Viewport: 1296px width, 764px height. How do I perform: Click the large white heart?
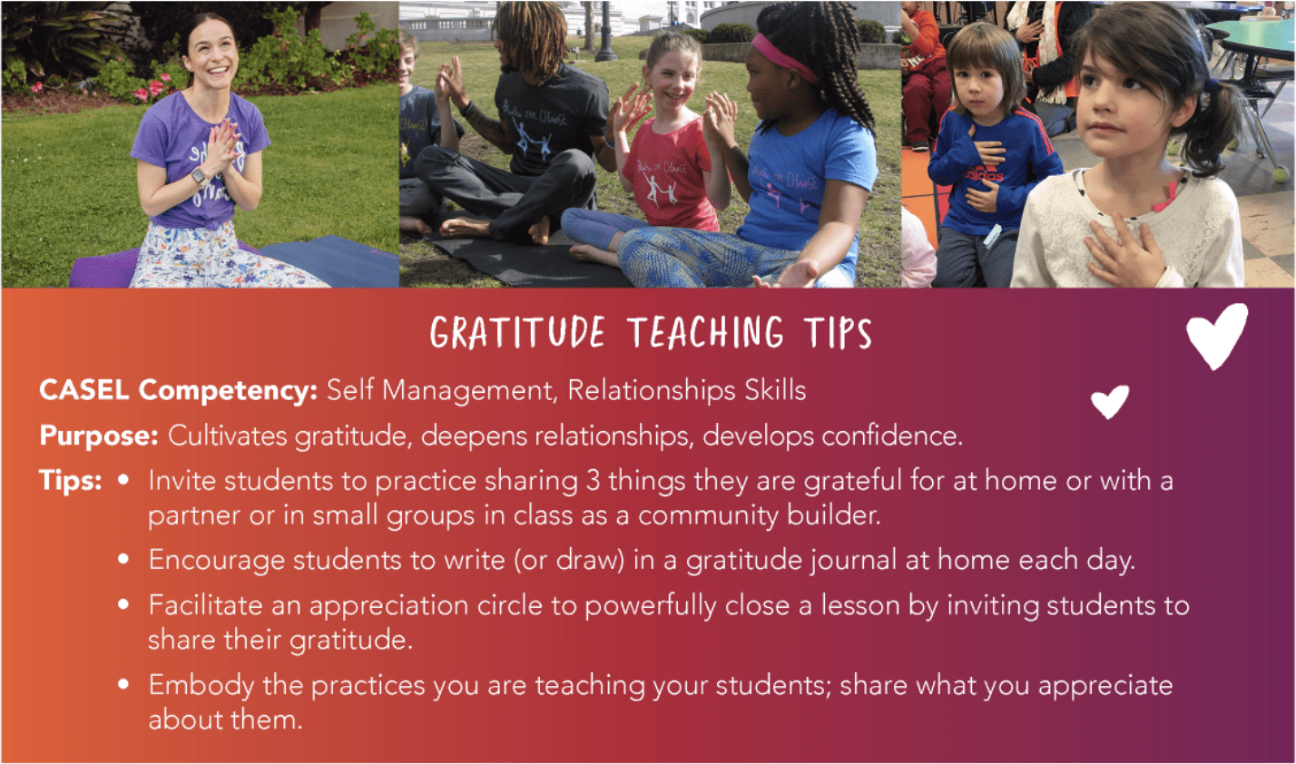pos(1216,336)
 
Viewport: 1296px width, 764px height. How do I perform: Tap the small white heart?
pos(1110,401)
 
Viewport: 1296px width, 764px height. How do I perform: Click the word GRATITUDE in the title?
pos(518,333)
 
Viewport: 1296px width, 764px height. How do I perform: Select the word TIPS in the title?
pos(838,333)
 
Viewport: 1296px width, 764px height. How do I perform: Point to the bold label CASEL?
pos(83,390)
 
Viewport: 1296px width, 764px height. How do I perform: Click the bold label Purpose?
pos(99,435)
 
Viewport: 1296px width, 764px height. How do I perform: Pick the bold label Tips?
pos(71,480)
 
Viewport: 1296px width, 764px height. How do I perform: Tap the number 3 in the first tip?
pos(593,481)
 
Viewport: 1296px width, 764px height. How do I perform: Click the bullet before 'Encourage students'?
pos(123,559)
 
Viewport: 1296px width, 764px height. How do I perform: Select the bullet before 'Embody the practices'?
pos(123,684)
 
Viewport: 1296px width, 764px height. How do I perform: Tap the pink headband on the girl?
pos(783,56)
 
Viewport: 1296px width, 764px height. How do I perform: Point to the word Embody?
pos(201,685)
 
